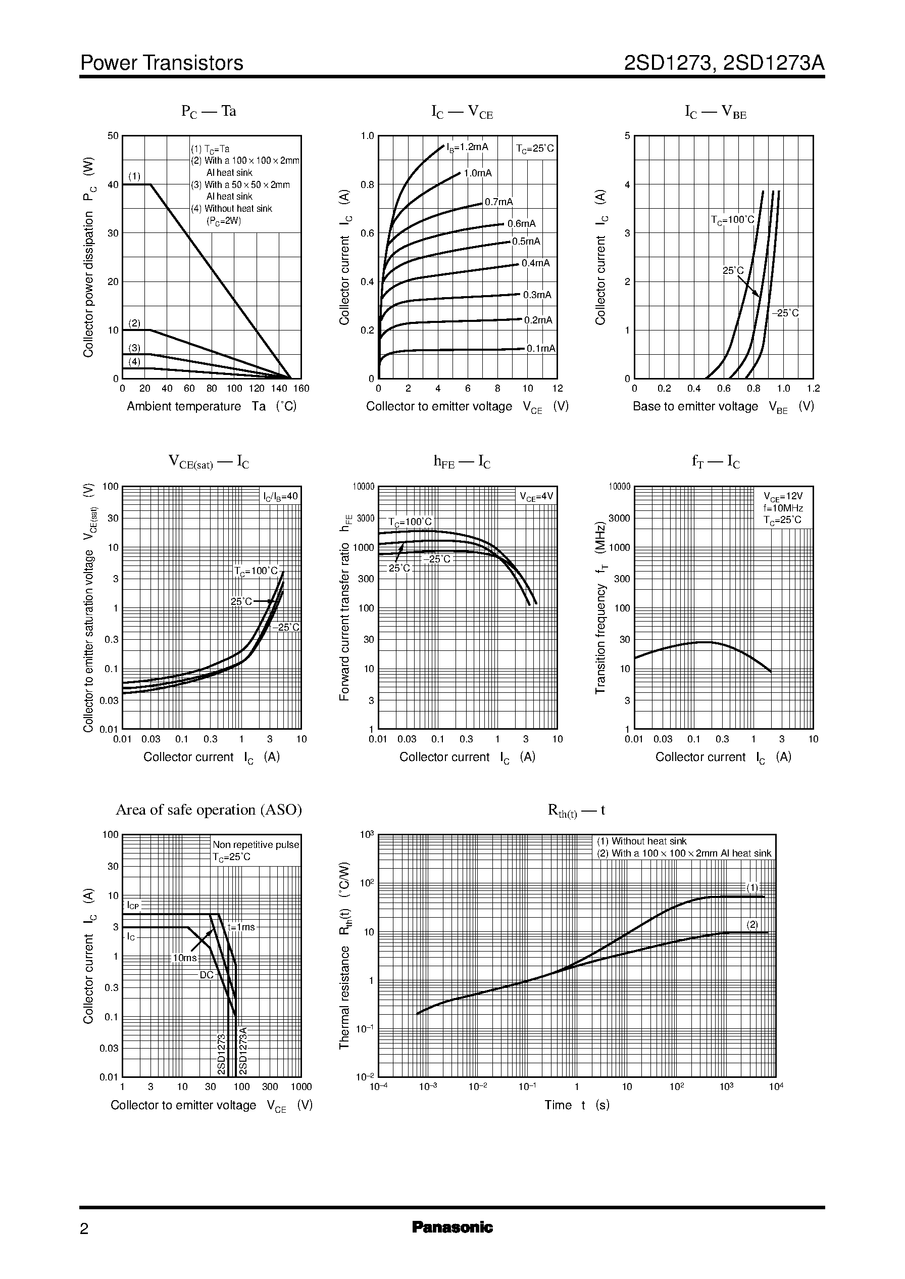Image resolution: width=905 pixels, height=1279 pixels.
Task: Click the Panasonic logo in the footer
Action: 452,1227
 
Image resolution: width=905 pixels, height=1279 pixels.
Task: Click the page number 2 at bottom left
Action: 84,1229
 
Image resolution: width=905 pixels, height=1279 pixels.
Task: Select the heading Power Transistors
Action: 162,63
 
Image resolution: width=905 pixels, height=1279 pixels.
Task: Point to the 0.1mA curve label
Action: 540,349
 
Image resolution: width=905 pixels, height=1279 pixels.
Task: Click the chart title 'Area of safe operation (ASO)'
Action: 209,810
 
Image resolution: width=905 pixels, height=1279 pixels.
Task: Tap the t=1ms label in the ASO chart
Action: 241,927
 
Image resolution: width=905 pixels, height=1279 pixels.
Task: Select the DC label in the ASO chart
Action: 206,975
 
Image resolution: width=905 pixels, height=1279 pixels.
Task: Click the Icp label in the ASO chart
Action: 133,905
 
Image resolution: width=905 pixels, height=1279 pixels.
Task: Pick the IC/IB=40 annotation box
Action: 281,496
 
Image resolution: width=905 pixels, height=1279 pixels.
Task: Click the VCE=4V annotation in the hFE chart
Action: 536,496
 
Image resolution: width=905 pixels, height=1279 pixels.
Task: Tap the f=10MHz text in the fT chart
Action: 782,508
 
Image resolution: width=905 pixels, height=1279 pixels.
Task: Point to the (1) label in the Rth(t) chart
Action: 752,887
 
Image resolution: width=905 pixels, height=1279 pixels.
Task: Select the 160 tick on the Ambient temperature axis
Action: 301,389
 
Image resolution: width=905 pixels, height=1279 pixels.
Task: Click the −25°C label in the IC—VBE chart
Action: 785,313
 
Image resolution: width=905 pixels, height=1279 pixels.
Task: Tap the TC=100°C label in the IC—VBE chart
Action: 732,220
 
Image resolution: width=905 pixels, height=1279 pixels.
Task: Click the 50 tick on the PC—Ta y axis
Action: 113,136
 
